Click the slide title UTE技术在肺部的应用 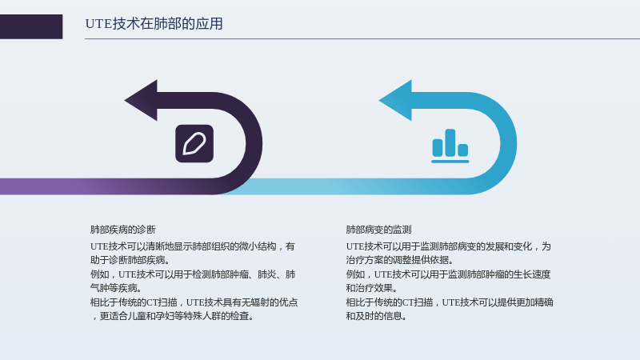pyautogui.click(x=154, y=24)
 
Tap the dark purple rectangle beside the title pyautogui.click(x=31, y=26)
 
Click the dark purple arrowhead pyautogui.click(x=142, y=101)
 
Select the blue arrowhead pyautogui.click(x=396, y=101)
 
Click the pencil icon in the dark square pyautogui.click(x=194, y=144)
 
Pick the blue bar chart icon pyautogui.click(x=450, y=146)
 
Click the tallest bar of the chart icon pyautogui.click(x=450, y=142)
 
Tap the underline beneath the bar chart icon pyautogui.click(x=450, y=162)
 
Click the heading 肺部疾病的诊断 pyautogui.click(x=123, y=230)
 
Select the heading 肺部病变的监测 pyautogui.click(x=378, y=230)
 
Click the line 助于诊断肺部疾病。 pyautogui.click(x=130, y=260)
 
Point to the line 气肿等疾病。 pyautogui.click(x=116, y=288)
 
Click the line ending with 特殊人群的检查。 pyautogui.click(x=172, y=316)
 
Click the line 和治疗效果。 pyautogui.click(x=372, y=288)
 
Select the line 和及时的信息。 pyautogui.click(x=376, y=316)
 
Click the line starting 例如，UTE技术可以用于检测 pyautogui.click(x=193, y=274)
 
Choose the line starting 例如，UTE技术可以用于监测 pyautogui.click(x=448, y=274)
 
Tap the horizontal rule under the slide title pyautogui.click(x=362, y=38)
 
